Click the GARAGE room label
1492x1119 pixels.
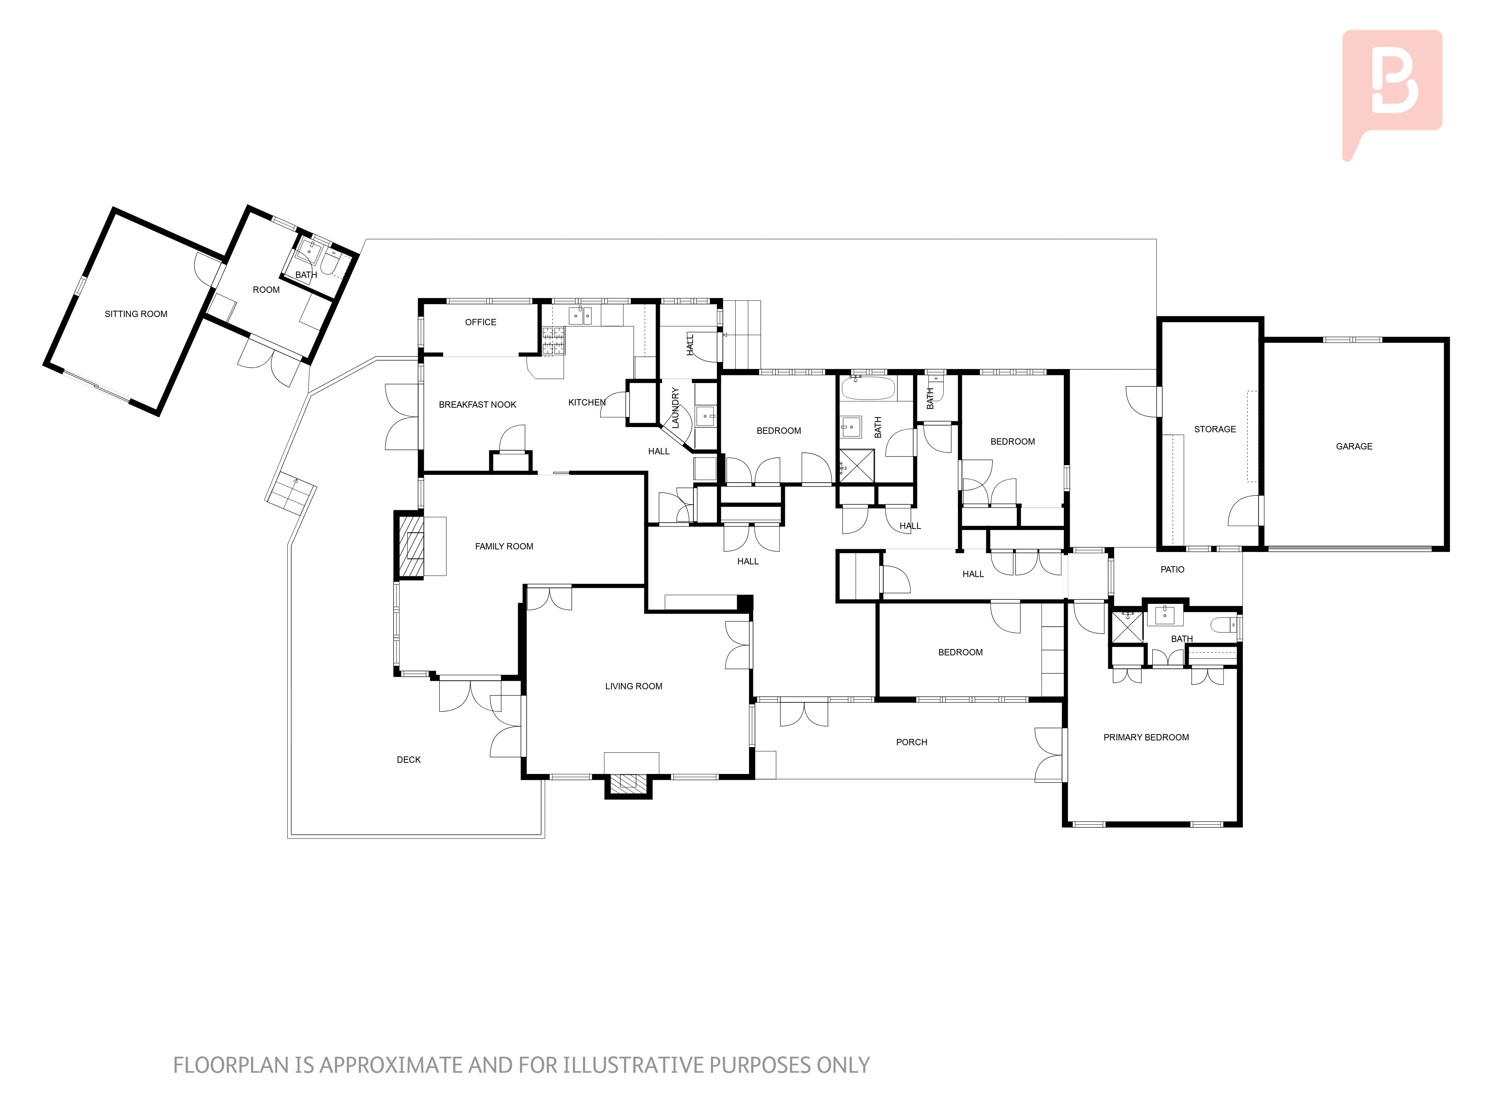click(x=1354, y=446)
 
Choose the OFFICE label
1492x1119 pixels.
click(x=480, y=322)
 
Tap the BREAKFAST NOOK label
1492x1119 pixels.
click(x=477, y=405)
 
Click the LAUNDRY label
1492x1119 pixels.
click(x=675, y=407)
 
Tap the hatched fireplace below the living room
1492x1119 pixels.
click(x=628, y=783)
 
